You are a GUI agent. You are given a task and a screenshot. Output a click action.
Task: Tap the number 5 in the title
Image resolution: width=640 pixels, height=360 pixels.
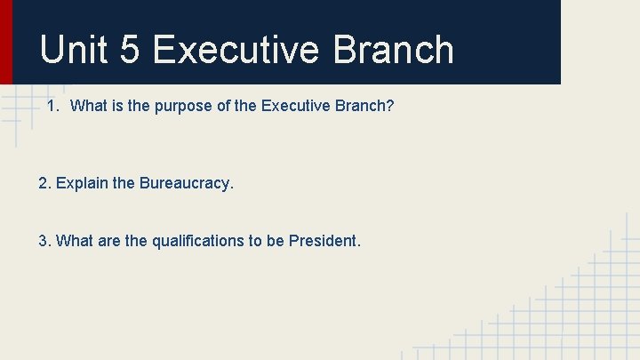(129, 50)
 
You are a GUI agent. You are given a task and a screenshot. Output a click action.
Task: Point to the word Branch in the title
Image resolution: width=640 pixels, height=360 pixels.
(393, 50)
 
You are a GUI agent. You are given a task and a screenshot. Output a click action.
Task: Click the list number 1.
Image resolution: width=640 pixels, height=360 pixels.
(52, 107)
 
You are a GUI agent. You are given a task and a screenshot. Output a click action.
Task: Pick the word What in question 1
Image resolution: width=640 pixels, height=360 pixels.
(87, 107)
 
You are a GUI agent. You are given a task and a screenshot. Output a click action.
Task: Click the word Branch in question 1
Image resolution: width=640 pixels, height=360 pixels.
(364, 107)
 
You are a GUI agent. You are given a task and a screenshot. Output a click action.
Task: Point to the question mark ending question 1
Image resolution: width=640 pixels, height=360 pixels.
(390, 107)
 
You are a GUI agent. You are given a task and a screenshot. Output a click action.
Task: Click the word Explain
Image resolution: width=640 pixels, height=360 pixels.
(82, 184)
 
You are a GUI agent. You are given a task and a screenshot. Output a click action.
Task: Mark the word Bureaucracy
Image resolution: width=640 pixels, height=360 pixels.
(186, 184)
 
